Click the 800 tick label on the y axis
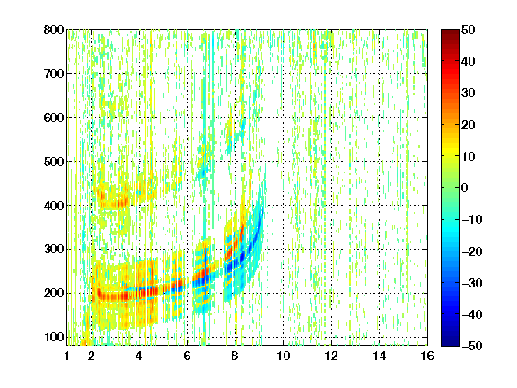click(54, 30)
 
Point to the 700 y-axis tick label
click(54, 74)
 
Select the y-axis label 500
click(54, 162)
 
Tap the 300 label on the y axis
click(54, 250)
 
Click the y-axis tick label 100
click(54, 337)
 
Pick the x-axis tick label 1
click(67, 356)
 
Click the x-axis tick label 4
click(139, 356)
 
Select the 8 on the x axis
click(235, 356)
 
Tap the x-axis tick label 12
click(331, 356)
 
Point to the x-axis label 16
click(427, 356)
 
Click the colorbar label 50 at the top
click(469, 30)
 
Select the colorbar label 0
click(465, 188)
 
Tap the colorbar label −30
click(472, 283)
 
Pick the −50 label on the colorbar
click(472, 346)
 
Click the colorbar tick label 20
click(469, 125)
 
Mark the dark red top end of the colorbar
click(450, 31)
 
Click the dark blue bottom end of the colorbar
click(450, 344)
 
